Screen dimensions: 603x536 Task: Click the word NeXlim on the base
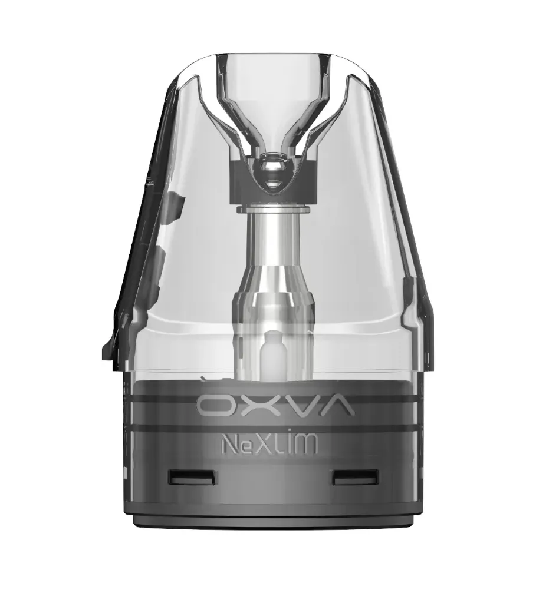269,444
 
